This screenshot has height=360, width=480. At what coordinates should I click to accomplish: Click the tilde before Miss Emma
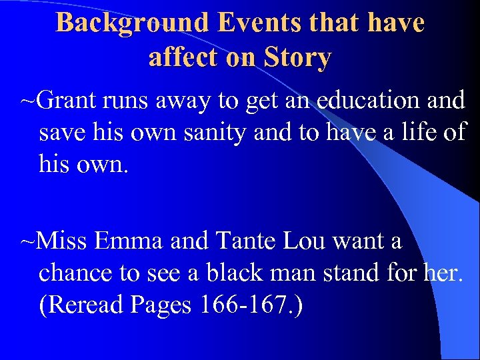[x=28, y=241]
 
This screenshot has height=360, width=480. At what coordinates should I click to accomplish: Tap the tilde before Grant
[x=28, y=101]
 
